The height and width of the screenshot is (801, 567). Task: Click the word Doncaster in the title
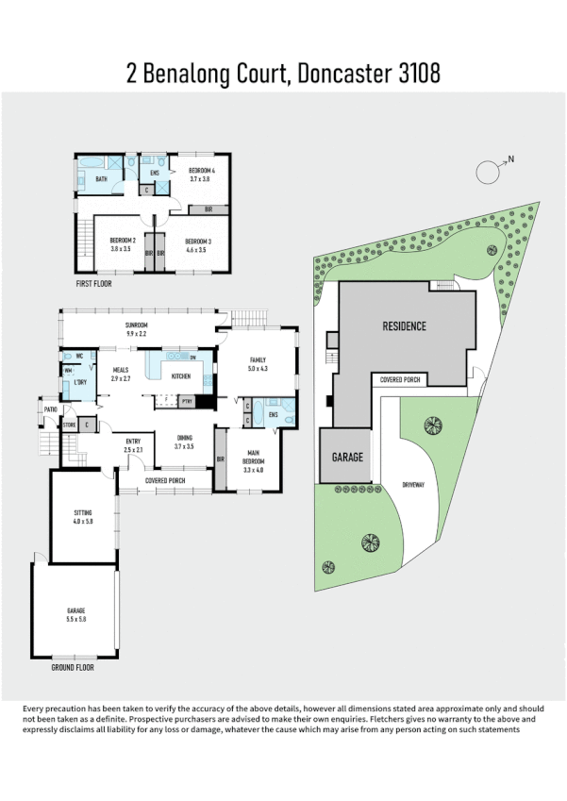point(343,73)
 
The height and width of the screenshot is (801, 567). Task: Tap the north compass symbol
point(489,172)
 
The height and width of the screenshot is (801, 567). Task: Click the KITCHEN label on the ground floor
point(180,375)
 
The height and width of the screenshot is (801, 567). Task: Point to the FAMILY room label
point(258,360)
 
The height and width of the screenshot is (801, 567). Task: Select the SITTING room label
point(83,512)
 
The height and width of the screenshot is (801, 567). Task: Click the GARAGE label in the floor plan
point(76,611)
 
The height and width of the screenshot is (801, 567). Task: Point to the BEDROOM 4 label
point(202,170)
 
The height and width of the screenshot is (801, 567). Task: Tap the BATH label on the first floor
point(101,177)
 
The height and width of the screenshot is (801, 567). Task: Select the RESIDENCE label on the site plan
point(404,326)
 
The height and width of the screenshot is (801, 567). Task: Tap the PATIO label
point(50,409)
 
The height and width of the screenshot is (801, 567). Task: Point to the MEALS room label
point(121,371)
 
